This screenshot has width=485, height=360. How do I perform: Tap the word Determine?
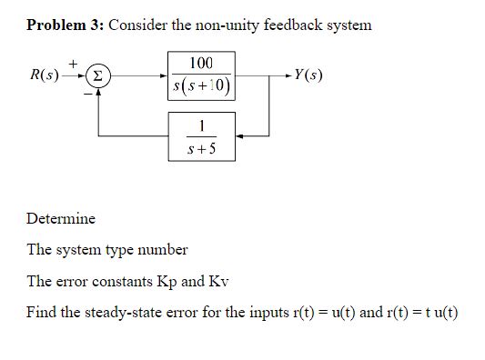click(61, 218)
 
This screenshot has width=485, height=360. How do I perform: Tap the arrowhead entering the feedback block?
click(239, 135)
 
